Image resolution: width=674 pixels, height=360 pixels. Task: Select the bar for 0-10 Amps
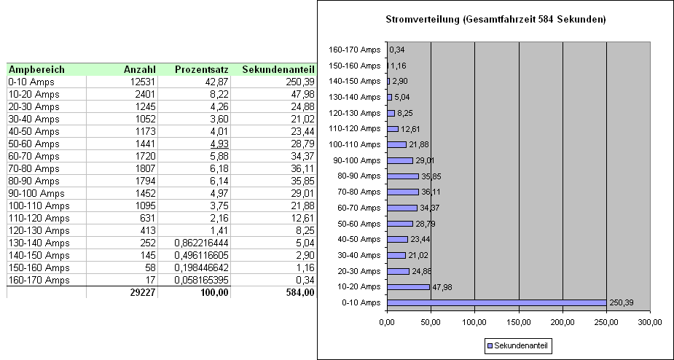coord(497,303)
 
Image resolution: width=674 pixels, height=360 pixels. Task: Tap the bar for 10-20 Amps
coord(408,287)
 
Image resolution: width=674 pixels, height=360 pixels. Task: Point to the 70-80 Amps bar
coord(403,192)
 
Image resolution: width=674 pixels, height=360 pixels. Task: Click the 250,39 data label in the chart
coord(621,303)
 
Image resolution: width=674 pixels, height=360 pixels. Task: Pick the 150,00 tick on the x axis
coord(518,323)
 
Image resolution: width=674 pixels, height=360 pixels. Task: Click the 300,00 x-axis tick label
coord(651,323)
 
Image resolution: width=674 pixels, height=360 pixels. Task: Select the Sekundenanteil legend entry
coord(518,345)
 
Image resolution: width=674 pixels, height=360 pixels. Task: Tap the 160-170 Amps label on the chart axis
coord(355,50)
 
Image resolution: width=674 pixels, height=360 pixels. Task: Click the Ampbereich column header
coord(37,70)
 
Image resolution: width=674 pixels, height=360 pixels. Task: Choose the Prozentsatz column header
coord(202,70)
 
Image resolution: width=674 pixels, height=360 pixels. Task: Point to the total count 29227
coord(143,293)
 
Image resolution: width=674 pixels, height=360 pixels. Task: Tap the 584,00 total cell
coord(300,293)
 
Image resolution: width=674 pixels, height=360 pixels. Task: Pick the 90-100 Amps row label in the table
coord(36,194)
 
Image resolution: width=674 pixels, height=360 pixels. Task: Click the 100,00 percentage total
coord(214,293)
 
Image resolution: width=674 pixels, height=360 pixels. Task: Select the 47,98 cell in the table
coord(303,94)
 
